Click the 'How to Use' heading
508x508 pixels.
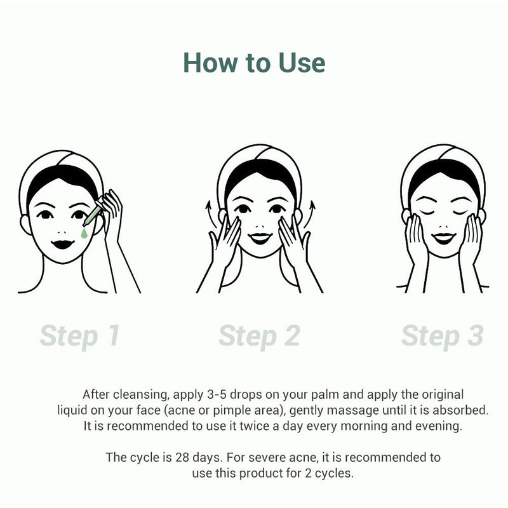point(254,63)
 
